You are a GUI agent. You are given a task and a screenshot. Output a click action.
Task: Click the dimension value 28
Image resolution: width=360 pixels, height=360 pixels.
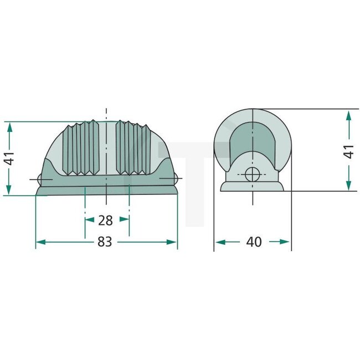click(105, 220)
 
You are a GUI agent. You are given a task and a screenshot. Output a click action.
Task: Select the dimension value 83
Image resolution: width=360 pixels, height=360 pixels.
click(105, 242)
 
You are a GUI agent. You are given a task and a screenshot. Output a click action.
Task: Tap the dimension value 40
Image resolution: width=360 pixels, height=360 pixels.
click(254, 242)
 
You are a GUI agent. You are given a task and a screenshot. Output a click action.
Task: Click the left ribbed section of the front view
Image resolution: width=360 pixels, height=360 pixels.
click(82, 148)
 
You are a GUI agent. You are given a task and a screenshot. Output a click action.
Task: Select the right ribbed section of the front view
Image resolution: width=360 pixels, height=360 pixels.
click(131, 148)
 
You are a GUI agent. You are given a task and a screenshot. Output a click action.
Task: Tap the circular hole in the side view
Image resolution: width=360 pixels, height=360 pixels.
click(252, 174)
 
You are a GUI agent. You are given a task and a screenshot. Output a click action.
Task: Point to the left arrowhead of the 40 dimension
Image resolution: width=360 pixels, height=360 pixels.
click(219, 242)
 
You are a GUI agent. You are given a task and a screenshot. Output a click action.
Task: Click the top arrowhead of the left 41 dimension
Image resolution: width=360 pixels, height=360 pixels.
click(9, 126)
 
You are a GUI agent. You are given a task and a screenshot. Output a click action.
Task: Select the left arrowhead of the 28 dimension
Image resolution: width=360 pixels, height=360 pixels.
click(89, 219)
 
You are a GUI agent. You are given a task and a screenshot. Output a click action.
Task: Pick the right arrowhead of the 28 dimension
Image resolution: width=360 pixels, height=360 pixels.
click(125, 219)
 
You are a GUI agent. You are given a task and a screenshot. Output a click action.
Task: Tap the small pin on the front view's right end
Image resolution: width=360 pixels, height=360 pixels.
click(176, 178)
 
